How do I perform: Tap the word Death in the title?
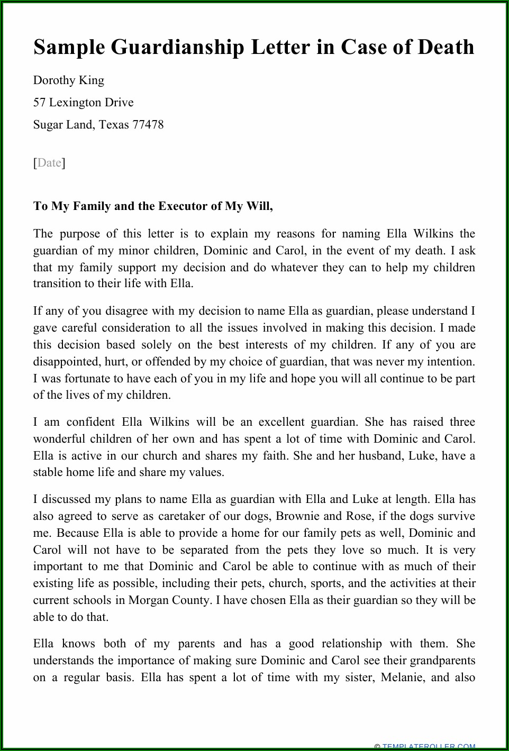click(x=446, y=47)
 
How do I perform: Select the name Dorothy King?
click(x=68, y=80)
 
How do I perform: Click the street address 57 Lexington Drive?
click(x=83, y=103)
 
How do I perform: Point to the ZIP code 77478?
click(x=148, y=125)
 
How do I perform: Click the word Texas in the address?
click(x=114, y=125)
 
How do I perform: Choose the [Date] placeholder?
click(x=49, y=162)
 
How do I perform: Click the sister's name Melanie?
click(x=401, y=677)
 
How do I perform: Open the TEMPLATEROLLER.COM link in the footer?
click(x=429, y=747)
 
